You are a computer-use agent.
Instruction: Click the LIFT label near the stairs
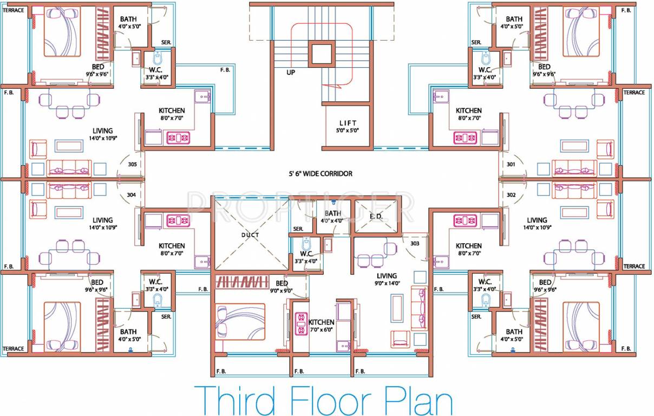tap(348, 123)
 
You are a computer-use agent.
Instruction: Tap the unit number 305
tap(132, 164)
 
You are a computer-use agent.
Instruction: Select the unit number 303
tap(415, 243)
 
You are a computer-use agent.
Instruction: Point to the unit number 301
tap(511, 164)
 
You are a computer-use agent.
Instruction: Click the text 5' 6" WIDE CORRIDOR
tap(320, 174)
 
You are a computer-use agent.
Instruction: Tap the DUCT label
tap(250, 235)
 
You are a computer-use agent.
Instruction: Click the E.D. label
tap(376, 216)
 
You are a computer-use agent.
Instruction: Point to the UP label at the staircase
tap(291, 72)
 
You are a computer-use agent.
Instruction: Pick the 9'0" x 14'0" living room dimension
tap(387, 283)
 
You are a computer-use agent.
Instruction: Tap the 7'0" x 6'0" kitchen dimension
tap(322, 329)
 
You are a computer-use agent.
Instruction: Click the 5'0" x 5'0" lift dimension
tap(348, 131)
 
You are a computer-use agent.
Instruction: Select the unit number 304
tap(132, 194)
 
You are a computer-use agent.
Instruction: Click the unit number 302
tap(511, 194)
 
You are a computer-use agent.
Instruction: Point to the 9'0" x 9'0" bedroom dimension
tap(282, 290)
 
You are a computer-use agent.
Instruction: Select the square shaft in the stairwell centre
tap(321, 53)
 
